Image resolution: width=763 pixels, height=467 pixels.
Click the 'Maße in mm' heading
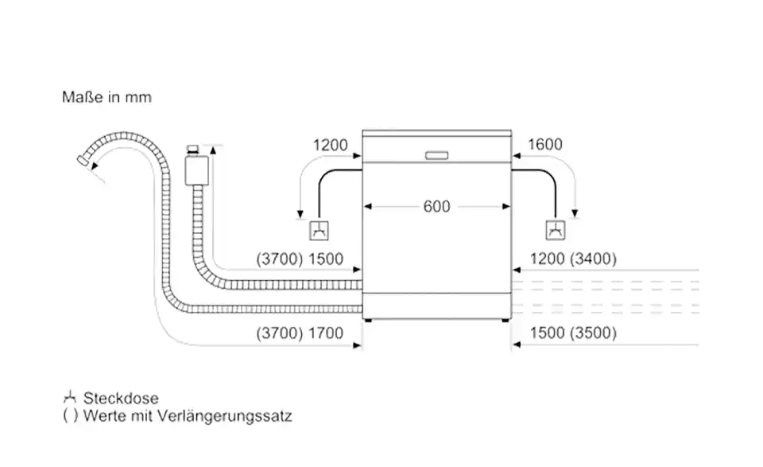pyautogui.click(x=107, y=98)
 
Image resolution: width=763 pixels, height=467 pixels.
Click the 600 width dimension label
pyautogui.click(x=436, y=207)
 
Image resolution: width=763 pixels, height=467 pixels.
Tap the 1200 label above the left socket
pyautogui.click(x=331, y=145)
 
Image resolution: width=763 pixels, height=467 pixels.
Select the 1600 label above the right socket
pyautogui.click(x=544, y=145)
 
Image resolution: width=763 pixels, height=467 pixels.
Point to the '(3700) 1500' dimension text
pyautogui.click(x=301, y=259)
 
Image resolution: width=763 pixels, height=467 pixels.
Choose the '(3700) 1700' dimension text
pyautogui.click(x=301, y=333)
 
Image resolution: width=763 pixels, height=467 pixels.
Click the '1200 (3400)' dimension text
pyautogui.click(x=565, y=259)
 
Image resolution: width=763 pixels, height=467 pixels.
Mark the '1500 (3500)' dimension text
pyautogui.click(x=565, y=333)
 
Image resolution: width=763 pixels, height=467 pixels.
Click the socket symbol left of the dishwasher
pyautogui.click(x=318, y=231)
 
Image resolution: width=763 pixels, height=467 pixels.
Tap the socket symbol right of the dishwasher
pyautogui.click(x=554, y=231)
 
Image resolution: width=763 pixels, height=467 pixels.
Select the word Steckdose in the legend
pyautogui.click(x=122, y=399)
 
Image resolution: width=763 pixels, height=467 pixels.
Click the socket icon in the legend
pyautogui.click(x=71, y=398)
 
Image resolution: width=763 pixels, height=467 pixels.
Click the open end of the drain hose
pyautogui.click(x=82, y=161)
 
